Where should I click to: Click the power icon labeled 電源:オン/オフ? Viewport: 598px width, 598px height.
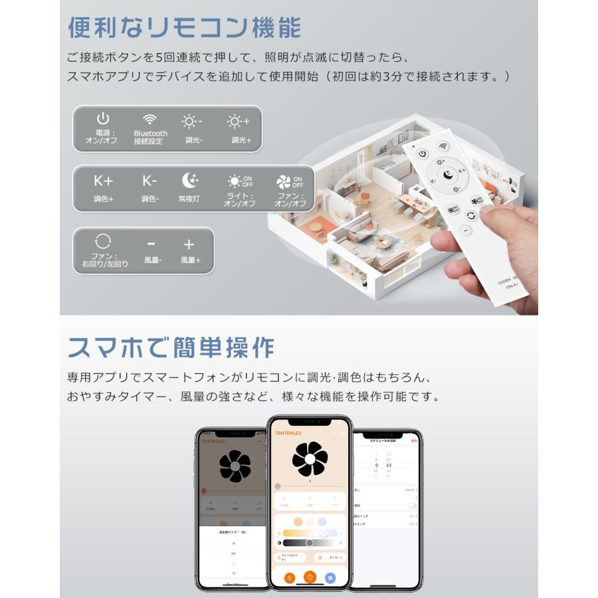[x=102, y=120]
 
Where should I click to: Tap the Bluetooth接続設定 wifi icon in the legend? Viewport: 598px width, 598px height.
[x=150, y=120]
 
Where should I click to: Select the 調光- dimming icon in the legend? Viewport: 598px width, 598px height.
[x=192, y=121]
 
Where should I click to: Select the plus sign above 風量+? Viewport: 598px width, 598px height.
[x=189, y=244]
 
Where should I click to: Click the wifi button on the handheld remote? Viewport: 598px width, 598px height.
[x=443, y=146]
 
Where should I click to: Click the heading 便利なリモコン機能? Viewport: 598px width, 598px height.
[x=184, y=27]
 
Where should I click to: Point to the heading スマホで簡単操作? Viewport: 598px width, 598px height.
[x=171, y=347]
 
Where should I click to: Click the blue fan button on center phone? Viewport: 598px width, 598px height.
[x=330, y=577]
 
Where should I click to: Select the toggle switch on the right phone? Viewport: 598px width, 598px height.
[x=413, y=505]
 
